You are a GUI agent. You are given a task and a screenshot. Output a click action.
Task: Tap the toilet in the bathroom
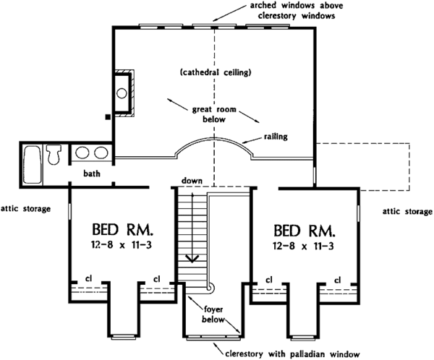point(54,153)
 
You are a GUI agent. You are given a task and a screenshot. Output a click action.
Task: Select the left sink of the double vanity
point(82,153)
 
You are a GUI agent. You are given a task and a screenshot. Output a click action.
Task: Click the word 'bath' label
point(91,173)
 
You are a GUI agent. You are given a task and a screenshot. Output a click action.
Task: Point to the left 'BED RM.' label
point(122,231)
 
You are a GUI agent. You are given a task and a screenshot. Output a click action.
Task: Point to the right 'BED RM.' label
point(305,231)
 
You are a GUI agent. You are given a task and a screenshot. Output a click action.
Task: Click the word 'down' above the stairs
point(192,180)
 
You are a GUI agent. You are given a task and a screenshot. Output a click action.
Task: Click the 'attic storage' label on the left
point(25,209)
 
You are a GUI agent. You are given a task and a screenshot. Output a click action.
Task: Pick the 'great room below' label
point(209,115)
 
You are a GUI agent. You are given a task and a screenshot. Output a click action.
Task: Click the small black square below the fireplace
point(107,115)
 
